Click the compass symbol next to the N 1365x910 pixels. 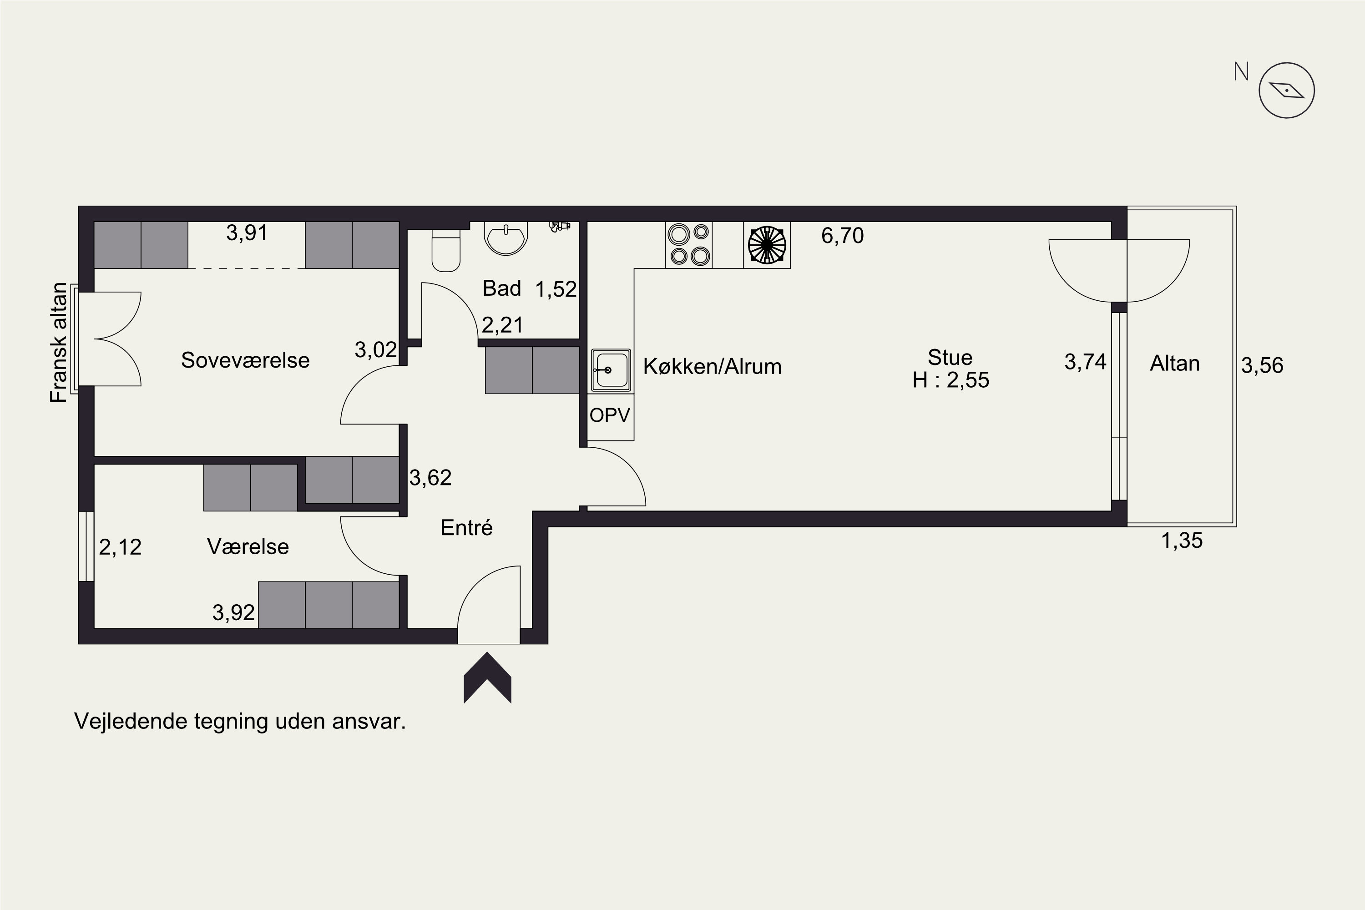pyautogui.click(x=1286, y=91)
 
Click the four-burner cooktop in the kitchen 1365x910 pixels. pyautogui.click(x=688, y=245)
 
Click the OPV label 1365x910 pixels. pyautogui.click(x=609, y=415)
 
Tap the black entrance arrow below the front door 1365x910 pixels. pyautogui.click(x=487, y=677)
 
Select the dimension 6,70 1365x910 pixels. pyautogui.click(x=842, y=236)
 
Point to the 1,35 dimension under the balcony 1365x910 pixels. pyautogui.click(x=1182, y=541)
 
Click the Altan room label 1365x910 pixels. pyautogui.click(x=1175, y=363)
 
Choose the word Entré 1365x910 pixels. pyautogui.click(x=467, y=527)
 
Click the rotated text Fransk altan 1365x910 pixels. pyautogui.click(x=59, y=343)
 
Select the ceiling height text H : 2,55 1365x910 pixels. pyautogui.click(x=950, y=380)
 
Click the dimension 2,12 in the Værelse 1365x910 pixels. pyautogui.click(x=120, y=547)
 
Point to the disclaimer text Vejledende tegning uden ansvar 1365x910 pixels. pyautogui.click(x=240, y=721)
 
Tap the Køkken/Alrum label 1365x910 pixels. pyautogui.click(x=712, y=367)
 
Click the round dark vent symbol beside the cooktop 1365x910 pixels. pyautogui.click(x=767, y=245)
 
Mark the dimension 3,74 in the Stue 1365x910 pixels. pyautogui.click(x=1085, y=362)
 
